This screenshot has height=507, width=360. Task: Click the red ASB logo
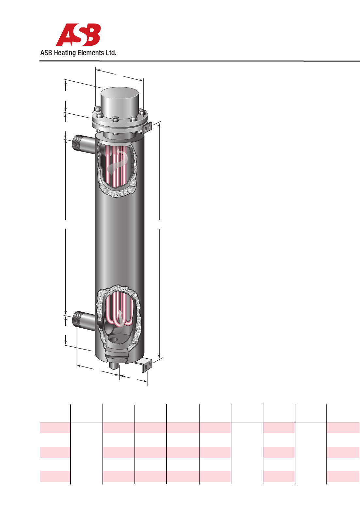tap(78, 35)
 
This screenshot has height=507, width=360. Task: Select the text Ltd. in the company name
tap(111, 53)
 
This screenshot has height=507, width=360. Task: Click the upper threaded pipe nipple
tap(84, 144)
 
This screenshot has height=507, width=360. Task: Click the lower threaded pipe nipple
tap(84, 320)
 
